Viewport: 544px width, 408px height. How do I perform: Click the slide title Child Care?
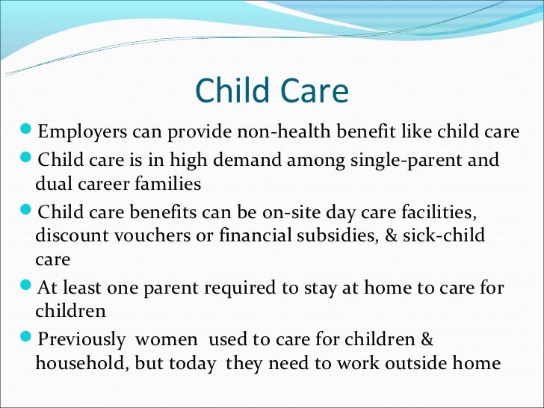click(x=271, y=91)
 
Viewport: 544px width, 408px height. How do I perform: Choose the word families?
click(x=171, y=184)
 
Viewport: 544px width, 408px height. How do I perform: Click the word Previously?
click(x=82, y=340)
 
